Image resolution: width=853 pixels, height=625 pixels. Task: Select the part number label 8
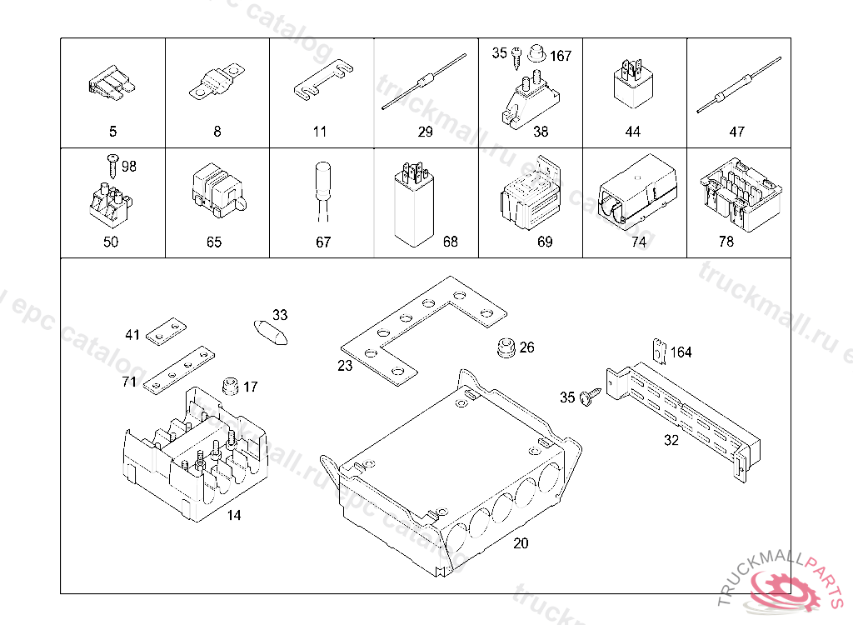pyautogui.click(x=217, y=132)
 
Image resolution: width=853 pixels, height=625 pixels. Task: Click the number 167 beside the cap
pyautogui.click(x=561, y=56)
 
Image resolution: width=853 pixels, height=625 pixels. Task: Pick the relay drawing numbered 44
pyautogui.click(x=632, y=84)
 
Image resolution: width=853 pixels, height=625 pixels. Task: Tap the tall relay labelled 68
pyautogui.click(x=411, y=204)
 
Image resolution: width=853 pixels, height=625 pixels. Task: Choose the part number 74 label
pyautogui.click(x=638, y=242)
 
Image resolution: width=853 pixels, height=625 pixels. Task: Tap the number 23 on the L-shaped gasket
pyautogui.click(x=345, y=365)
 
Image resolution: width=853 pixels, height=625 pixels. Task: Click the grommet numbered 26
pyautogui.click(x=504, y=348)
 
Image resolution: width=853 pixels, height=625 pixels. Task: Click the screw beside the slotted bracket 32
pyautogui.click(x=591, y=397)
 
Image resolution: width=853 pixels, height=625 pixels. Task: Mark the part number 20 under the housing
pyautogui.click(x=521, y=543)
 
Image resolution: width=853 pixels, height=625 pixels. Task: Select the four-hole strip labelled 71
pyautogui.click(x=178, y=368)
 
